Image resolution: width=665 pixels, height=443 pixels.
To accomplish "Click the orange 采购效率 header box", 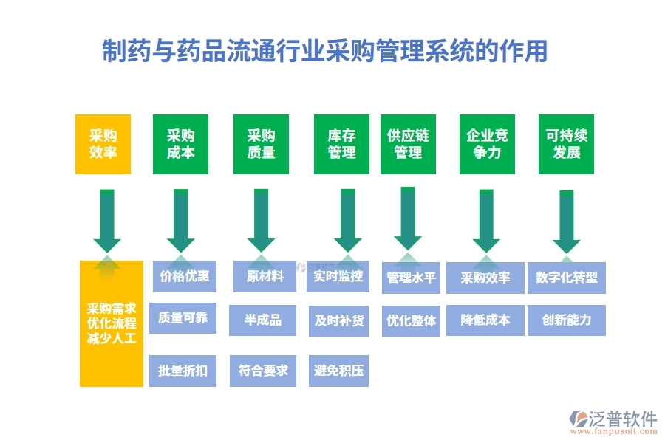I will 103,145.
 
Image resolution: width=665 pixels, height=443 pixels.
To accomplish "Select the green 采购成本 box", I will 180,145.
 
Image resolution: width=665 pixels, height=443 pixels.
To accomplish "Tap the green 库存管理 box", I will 341,145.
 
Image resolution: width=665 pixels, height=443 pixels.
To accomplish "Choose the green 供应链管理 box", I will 408,145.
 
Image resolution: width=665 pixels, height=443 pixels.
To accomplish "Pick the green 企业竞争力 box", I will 487,145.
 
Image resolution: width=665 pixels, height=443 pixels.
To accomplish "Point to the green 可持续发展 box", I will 566,145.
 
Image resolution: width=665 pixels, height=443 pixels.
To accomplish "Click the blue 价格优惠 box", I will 184,277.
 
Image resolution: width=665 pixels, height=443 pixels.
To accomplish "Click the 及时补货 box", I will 338,320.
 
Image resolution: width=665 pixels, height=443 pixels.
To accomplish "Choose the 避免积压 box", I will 338,371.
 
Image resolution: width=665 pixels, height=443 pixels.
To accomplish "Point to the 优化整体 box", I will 412,321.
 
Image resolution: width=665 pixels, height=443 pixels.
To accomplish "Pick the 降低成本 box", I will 485,320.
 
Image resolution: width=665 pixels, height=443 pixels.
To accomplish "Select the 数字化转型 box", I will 567,278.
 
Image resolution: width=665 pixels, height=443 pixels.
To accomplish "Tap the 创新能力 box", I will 567,320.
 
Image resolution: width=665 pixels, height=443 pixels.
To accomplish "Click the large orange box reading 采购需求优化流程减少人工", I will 112,323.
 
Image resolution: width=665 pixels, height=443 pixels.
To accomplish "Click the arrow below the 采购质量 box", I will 261,220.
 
